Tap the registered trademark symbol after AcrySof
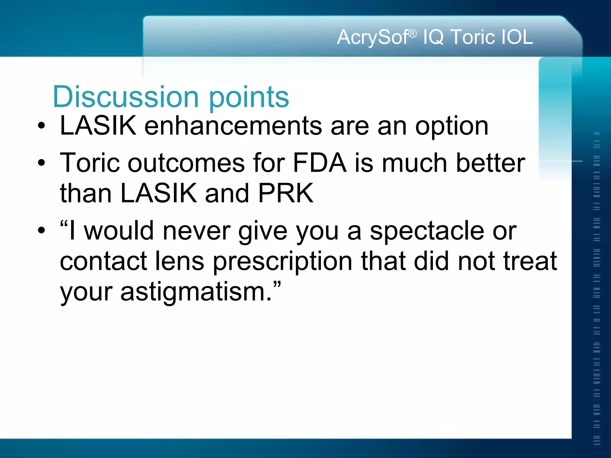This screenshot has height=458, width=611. tap(413, 34)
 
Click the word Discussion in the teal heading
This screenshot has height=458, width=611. tap(125, 97)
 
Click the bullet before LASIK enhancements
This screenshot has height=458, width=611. tap(41, 126)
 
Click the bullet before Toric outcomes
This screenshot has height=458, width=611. tap(41, 163)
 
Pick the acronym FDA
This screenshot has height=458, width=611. tap(320, 163)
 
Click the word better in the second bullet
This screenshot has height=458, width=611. tap(490, 163)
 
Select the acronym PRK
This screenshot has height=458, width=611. tap(286, 193)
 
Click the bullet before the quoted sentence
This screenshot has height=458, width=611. tap(41, 230)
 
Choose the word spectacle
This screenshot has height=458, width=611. tap(427, 231)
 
